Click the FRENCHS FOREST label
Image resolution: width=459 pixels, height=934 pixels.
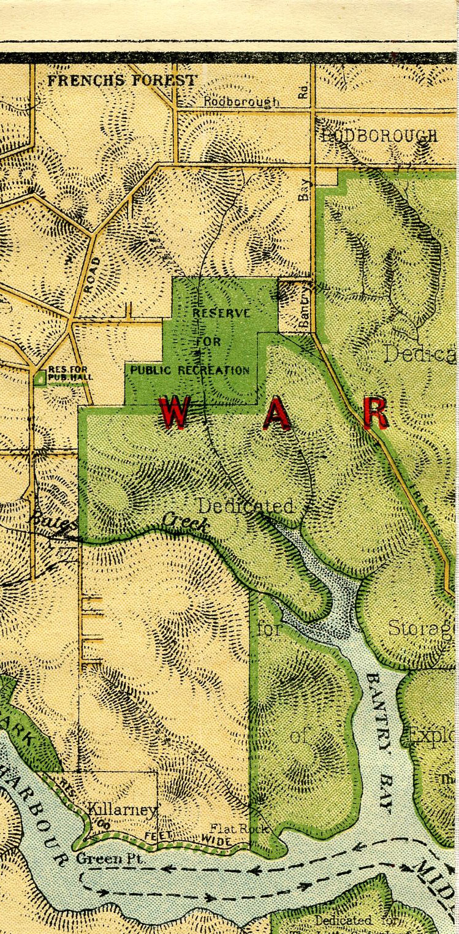coord(123,80)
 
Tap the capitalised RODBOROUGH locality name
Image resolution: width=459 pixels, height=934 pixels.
coord(379,136)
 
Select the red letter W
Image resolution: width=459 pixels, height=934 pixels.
coord(174,413)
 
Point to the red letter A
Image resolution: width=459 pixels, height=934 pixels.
coord(276,414)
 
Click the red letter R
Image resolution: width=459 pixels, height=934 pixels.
coord(375,414)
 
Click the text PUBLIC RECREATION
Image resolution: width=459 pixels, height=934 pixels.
coord(190,370)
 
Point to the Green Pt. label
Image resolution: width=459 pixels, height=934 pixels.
coord(110,859)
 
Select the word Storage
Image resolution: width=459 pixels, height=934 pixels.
coord(423,628)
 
